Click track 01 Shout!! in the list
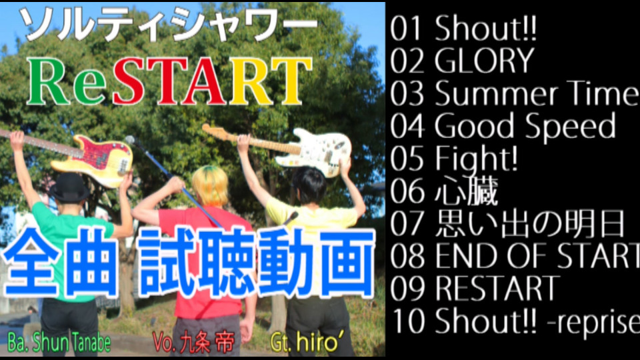(463, 29)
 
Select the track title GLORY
(484, 61)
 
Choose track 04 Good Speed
(503, 126)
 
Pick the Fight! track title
(476, 159)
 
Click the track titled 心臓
(466, 191)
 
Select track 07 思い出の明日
(507, 223)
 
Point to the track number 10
(408, 321)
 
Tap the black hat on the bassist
(69, 187)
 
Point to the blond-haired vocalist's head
(210, 187)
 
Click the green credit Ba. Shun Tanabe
(59, 343)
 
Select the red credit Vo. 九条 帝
(194, 343)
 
